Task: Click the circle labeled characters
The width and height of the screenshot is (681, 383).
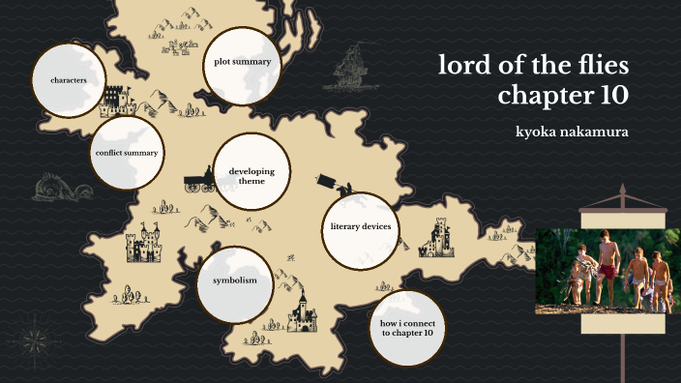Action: pyautogui.click(x=69, y=80)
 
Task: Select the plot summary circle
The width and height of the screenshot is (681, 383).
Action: pyautogui.click(x=242, y=62)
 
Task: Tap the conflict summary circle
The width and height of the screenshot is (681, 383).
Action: pyautogui.click(x=127, y=153)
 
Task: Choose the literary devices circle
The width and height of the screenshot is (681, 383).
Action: pyautogui.click(x=360, y=226)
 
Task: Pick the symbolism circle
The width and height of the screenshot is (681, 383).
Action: pyautogui.click(x=234, y=280)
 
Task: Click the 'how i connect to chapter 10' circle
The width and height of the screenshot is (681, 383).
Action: pyautogui.click(x=407, y=327)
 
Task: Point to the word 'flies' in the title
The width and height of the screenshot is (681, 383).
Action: pyautogui.click(x=599, y=66)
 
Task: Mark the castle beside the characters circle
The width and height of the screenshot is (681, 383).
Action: pyautogui.click(x=114, y=98)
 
